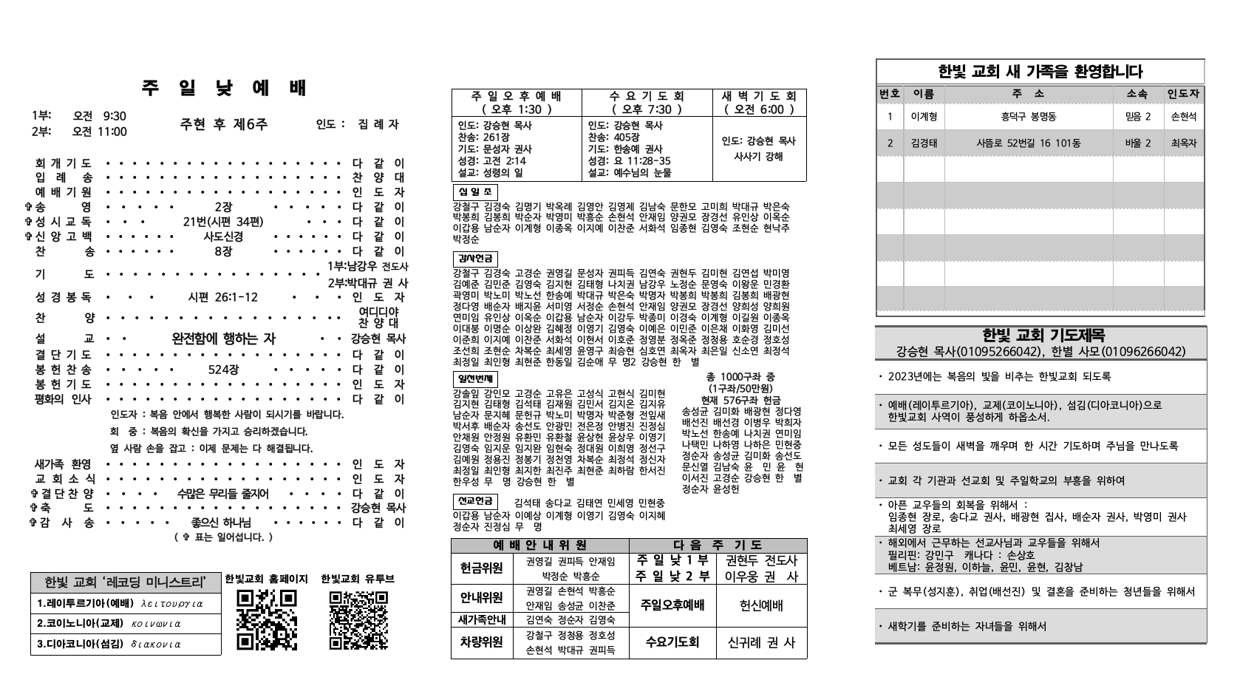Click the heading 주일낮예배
224,89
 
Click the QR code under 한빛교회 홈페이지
267,619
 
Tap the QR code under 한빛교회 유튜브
358,619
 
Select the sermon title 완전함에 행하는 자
223,339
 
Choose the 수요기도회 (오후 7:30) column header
647,102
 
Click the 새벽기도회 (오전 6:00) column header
759,102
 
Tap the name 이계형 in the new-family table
924,116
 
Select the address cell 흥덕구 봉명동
1028,116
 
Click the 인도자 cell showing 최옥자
1184,143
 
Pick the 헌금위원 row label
482,568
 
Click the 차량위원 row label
482,642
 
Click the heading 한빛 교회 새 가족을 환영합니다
1040,72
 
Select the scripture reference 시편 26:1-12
223,297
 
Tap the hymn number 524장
223,370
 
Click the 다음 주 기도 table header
718,545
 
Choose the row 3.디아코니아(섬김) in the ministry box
126,644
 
